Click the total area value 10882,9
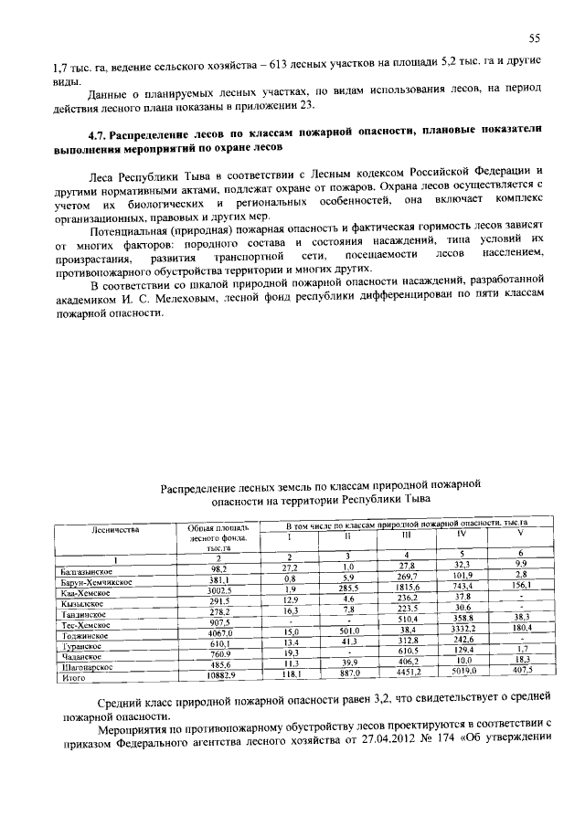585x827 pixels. pos(218,677)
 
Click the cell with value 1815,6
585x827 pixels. pos(407,589)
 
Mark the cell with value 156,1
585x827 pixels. pos(520,584)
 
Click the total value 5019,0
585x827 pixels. pos(461,676)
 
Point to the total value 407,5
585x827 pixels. pos(520,675)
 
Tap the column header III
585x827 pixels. pos(407,535)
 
